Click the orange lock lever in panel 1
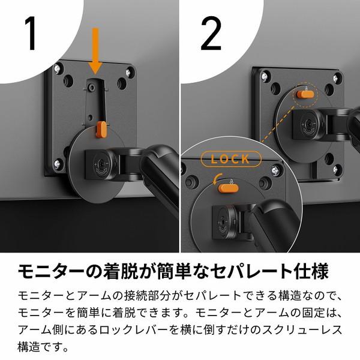(101, 128)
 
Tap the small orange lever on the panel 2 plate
(305, 94)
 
